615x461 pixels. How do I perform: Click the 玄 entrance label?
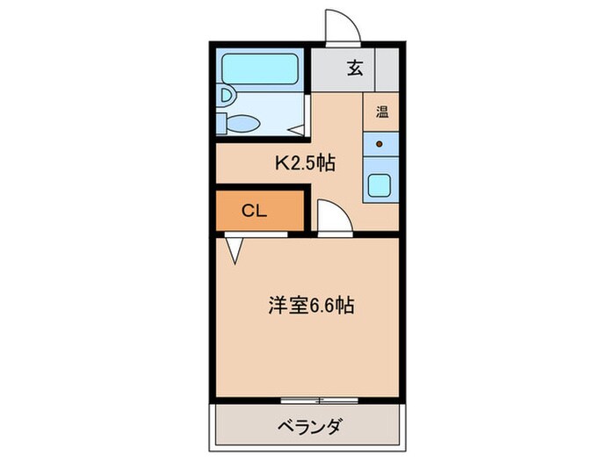coord(355,68)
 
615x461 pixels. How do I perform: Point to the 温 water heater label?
coord(382,112)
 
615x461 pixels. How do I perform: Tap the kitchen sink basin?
coord(380,185)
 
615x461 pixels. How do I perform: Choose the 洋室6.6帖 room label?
coord(311,306)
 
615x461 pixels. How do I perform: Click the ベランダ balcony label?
coord(310,428)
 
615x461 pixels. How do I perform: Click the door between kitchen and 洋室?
coord(335,218)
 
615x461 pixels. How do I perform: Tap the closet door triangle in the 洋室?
coord(235,251)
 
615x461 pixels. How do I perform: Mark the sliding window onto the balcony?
coord(320,400)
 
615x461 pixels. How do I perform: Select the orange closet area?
coord(260,211)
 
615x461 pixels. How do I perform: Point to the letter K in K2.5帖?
coord(283,163)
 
